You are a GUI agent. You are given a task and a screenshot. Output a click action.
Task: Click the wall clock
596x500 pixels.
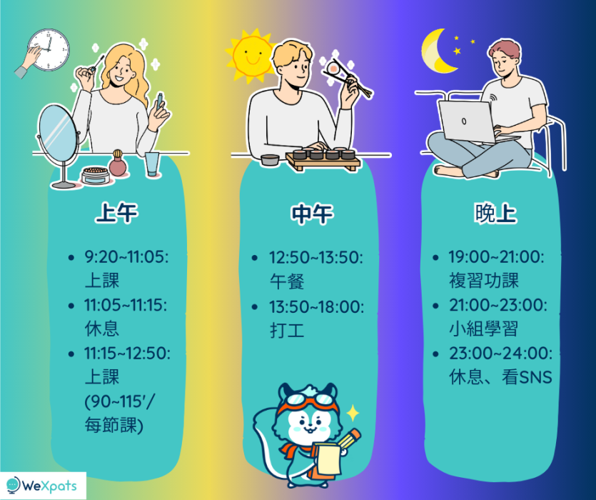click(49, 50)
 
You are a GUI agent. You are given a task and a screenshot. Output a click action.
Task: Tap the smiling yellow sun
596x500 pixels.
click(249, 56)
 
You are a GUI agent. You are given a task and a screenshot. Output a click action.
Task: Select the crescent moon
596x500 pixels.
click(437, 51)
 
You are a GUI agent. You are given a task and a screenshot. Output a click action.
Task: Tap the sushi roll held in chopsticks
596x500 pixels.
click(334, 68)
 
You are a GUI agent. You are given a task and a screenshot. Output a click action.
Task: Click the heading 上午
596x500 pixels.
click(116, 213)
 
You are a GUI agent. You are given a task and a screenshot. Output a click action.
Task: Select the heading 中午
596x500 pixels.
click(312, 214)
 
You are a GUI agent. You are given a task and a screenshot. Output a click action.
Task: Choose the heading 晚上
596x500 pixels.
click(495, 213)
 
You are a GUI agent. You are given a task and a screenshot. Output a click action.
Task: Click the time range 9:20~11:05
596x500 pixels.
click(126, 257)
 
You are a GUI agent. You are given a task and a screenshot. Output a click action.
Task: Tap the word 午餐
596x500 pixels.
click(287, 281)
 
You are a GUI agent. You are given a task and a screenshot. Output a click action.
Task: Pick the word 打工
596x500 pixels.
click(287, 330)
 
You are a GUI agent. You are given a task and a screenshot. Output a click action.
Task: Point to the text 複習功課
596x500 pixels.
click(484, 280)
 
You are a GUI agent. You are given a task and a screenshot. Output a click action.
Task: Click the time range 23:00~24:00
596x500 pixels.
click(501, 353)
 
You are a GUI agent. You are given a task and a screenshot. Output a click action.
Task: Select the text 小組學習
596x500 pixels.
click(484, 329)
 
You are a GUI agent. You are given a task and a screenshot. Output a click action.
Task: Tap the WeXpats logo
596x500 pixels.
click(42, 486)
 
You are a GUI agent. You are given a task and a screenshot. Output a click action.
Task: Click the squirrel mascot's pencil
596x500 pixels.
click(348, 439)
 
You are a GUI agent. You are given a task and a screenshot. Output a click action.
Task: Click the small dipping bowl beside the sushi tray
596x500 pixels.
click(270, 160)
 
